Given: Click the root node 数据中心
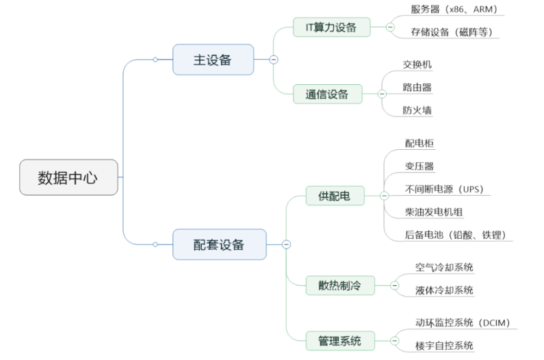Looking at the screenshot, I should pos(68,178).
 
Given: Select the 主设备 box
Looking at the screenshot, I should pos(213,60).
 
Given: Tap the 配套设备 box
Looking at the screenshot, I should pos(219,244).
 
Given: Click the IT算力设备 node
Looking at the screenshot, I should pos(331,27).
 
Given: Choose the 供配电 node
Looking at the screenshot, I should pos(334,196).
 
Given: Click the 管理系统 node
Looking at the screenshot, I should pos(339,340).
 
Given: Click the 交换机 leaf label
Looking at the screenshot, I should pos(417,64).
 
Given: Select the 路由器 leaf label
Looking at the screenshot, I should pos(417,88).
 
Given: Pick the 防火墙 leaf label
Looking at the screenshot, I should pos(417,110).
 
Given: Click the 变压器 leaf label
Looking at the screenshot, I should pos(419,166).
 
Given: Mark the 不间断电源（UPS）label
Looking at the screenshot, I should pos(448,189).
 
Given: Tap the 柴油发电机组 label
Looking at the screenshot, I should pos(434,212).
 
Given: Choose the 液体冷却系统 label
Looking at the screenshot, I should pos(444,290).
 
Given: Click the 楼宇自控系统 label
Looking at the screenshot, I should pos(444,346).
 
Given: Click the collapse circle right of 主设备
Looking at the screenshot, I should pos(274,60).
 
